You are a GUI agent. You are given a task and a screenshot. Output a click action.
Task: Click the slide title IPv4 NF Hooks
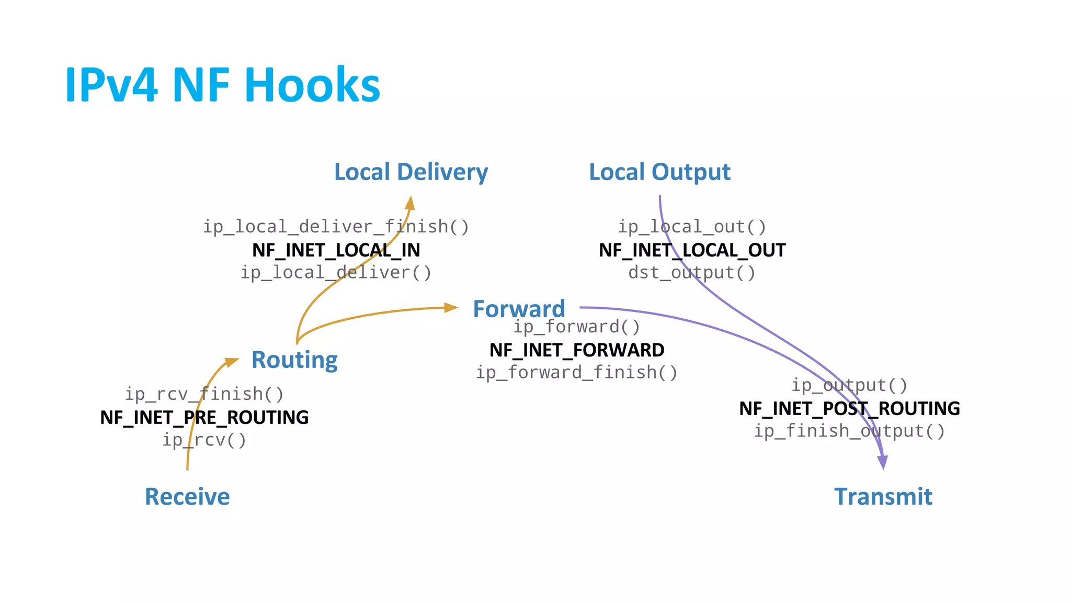coord(222,85)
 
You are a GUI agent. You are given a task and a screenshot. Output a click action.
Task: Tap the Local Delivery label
coord(411,172)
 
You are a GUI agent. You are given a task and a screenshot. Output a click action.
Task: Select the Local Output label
coord(659,172)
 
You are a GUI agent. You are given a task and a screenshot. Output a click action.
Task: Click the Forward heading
coord(519,309)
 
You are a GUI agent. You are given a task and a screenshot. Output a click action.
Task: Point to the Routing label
coord(294,360)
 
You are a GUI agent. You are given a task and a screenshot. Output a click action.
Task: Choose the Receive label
coord(187,496)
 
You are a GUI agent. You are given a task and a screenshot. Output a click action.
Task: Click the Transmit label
coord(883,496)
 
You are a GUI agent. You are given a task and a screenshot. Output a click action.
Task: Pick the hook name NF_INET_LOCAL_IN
coord(336,250)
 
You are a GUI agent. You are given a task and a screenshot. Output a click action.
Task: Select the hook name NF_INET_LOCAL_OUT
coord(692,250)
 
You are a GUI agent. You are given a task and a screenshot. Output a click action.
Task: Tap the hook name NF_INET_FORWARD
coord(577,350)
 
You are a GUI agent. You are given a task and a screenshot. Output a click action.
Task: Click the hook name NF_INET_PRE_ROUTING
coord(204,417)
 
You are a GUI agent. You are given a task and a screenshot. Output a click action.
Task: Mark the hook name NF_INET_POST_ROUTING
coord(849,408)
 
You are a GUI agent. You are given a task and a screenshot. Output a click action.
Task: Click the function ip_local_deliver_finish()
coord(336,227)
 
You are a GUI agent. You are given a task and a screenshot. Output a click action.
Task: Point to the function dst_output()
coord(692,273)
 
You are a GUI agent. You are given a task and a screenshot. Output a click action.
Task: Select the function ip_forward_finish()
coord(577,373)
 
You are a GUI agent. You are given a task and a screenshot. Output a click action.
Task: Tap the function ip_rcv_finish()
coord(204,394)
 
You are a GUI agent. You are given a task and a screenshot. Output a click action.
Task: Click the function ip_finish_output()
coord(849,431)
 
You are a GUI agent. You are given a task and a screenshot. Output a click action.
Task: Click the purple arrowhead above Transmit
coord(883,462)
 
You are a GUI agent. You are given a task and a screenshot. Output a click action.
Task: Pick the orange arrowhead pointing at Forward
coord(451,308)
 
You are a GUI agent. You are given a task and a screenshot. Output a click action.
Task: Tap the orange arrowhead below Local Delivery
coord(411,203)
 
